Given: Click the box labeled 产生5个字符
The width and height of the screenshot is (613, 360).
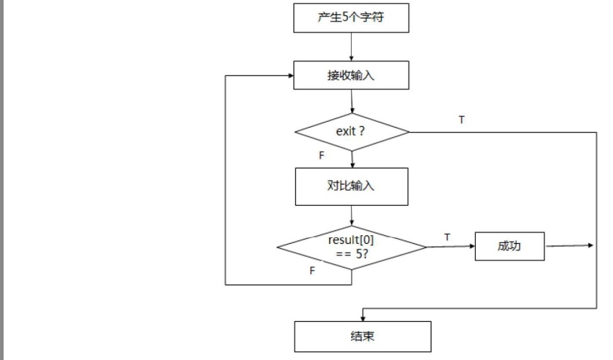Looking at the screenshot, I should click(x=351, y=17).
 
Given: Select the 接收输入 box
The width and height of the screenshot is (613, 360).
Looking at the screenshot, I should click(x=351, y=75).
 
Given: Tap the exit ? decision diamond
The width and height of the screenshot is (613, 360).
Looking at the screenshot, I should click(x=352, y=132).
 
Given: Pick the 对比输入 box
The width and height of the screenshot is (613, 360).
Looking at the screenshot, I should click(x=351, y=186).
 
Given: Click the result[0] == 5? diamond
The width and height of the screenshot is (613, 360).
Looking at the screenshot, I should click(x=352, y=247).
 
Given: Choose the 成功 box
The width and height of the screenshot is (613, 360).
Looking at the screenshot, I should click(x=509, y=246).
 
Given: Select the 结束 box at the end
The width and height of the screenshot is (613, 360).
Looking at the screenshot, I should click(x=362, y=336).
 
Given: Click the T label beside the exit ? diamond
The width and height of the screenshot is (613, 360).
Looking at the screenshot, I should click(x=461, y=120).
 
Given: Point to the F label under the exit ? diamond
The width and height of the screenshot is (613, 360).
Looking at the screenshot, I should click(x=321, y=156).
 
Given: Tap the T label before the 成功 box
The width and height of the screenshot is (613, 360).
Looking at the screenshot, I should click(x=447, y=237).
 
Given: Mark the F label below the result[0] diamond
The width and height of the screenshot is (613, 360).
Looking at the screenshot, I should click(x=312, y=271).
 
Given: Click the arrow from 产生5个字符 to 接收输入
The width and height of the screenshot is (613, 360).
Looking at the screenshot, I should click(x=351, y=47).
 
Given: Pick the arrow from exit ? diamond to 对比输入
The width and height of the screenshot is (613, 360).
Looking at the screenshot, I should click(x=352, y=159).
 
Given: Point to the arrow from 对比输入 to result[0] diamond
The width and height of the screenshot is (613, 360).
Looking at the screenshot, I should click(x=352, y=215).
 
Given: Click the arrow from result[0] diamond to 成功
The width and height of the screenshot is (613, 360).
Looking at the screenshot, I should click(x=451, y=247).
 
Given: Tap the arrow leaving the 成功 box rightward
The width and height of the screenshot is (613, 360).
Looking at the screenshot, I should click(x=570, y=246).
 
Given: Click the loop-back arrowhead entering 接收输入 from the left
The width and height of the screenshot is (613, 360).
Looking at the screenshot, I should click(x=289, y=75).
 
